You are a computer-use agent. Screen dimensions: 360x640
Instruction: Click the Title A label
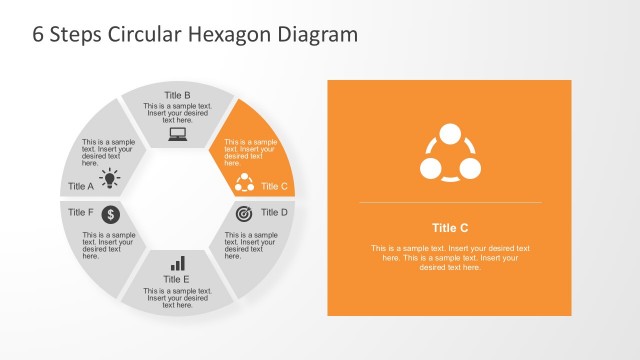pos(80,186)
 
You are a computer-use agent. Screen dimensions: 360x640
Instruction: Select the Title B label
pos(177,96)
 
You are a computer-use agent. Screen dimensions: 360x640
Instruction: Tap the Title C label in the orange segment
pos(274,186)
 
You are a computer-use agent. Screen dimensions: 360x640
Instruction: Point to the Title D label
pos(274,212)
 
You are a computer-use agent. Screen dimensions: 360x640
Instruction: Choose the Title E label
pos(177,279)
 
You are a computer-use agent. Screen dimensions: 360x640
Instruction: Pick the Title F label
pos(80,212)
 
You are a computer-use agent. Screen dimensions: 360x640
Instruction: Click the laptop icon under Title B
pos(178,133)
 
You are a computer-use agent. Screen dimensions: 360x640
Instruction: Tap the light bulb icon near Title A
pos(110,179)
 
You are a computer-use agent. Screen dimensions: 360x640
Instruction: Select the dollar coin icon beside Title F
pos(110,214)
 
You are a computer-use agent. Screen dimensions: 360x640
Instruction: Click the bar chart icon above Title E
pos(178,263)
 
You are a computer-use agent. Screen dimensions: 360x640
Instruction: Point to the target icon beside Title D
pos(243,213)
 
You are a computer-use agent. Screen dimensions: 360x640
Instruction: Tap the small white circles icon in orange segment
pos(244,182)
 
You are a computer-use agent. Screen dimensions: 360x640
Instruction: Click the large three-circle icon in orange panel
pos(449,152)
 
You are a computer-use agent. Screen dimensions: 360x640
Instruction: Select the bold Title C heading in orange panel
pos(449,227)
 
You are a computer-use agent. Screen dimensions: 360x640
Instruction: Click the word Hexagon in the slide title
pos(239,34)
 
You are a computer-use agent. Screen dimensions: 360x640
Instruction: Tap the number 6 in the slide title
pos(39,34)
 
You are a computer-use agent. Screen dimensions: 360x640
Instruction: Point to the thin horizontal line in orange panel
pos(449,202)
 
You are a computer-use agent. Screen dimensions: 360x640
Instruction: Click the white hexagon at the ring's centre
pos(177,198)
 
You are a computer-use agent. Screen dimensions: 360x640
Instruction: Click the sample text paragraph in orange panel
pos(449,257)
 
